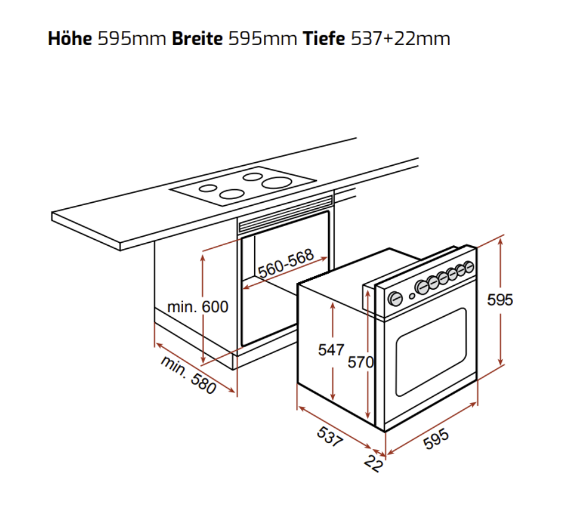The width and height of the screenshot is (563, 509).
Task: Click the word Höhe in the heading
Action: [70, 38]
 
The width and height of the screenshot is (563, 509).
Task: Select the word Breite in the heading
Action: [197, 38]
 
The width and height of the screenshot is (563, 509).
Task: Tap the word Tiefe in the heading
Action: [324, 38]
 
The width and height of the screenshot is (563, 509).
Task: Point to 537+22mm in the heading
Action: [400, 38]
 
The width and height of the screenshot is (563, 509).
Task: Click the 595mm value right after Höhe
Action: [132, 38]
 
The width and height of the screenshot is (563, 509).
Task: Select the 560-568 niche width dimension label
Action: [286, 264]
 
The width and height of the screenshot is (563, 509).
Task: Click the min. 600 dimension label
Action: [198, 307]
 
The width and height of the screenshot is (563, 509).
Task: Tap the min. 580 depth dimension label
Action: [189, 375]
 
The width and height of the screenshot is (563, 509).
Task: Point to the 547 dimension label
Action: [331, 350]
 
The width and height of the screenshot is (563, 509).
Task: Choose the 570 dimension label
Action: [361, 362]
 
